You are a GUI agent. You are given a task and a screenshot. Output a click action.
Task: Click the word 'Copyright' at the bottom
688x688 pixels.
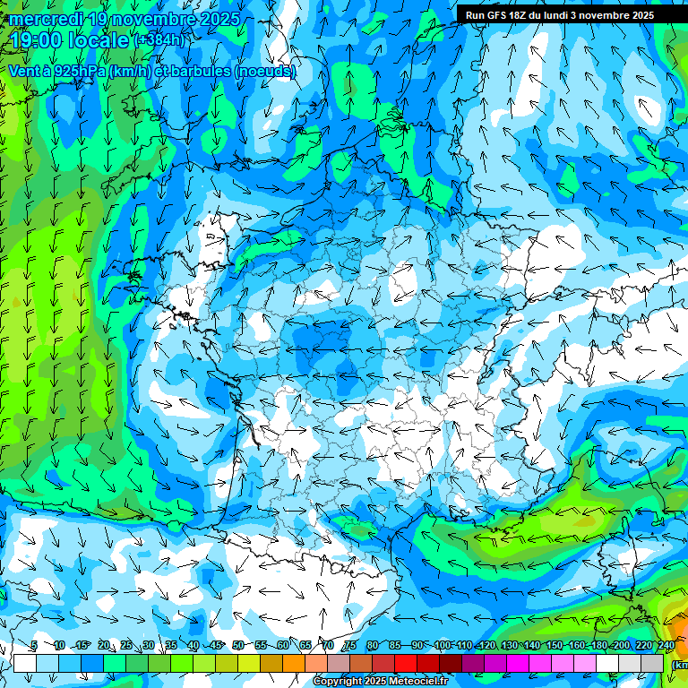[x=338, y=682]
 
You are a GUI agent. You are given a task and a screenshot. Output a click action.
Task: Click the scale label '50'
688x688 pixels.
[x=237, y=645]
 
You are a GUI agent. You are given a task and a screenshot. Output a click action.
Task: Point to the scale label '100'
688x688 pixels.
[x=442, y=645]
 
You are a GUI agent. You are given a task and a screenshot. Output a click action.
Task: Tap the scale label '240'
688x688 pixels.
[x=666, y=645]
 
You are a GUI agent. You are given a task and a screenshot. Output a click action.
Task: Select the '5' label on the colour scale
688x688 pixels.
[x=34, y=645]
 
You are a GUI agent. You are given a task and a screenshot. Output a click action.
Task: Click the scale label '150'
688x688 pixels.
[x=555, y=645]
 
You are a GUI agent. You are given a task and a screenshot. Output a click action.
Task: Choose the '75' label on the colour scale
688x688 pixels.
[x=350, y=645]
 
